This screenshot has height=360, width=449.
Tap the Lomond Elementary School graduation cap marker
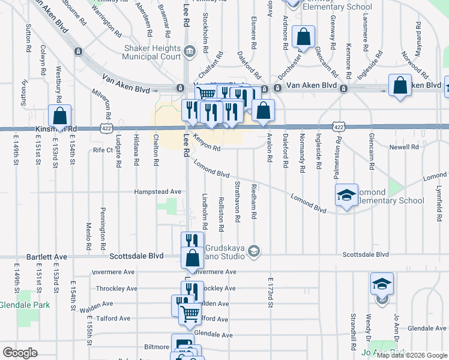pos(346,195)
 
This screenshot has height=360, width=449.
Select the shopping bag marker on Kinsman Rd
pos(59,116)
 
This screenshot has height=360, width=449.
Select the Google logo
pos(20,352)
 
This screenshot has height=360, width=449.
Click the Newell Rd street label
pos(403,146)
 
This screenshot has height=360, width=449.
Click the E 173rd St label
pos(271,293)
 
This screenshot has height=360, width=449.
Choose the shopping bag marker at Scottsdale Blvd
pos(193,258)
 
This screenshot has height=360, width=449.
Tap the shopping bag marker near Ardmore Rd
pos(304,37)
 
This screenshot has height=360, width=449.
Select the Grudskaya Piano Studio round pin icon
pos(255,250)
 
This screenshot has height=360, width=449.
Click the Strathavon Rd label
pos(237,202)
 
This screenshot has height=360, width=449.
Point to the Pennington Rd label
pos(103,230)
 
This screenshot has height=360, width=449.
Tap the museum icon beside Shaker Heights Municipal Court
pos(189,51)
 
